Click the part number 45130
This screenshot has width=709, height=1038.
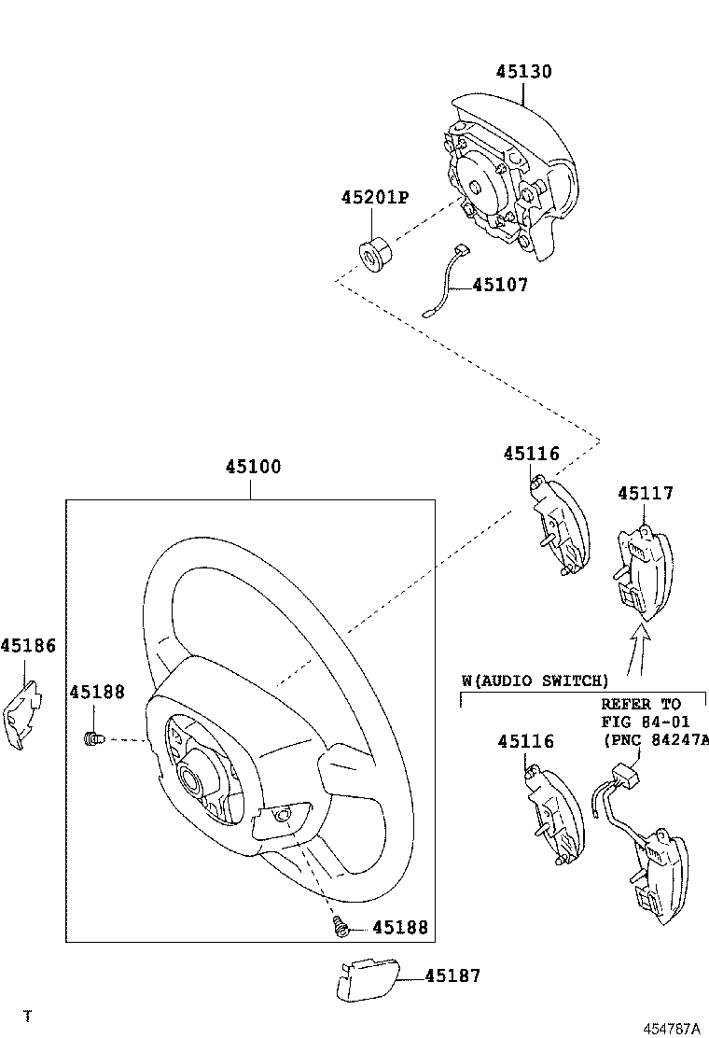pos(523,72)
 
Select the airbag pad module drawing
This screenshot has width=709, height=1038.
pos(504,177)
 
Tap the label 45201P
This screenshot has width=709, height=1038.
pos(375,198)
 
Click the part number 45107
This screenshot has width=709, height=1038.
pos(500,286)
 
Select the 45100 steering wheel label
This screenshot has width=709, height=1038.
pos(252,467)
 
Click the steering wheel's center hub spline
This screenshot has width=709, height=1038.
pos(197,775)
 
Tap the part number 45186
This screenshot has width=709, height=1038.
pos(28,645)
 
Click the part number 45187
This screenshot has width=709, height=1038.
pos(452,975)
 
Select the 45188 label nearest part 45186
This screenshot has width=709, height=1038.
pos(97,692)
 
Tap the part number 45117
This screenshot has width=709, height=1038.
pos(644,494)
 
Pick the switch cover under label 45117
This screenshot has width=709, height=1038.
pos(643,570)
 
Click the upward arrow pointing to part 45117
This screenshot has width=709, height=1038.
pos(638,649)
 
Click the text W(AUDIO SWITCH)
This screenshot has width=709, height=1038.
pos(535,680)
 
